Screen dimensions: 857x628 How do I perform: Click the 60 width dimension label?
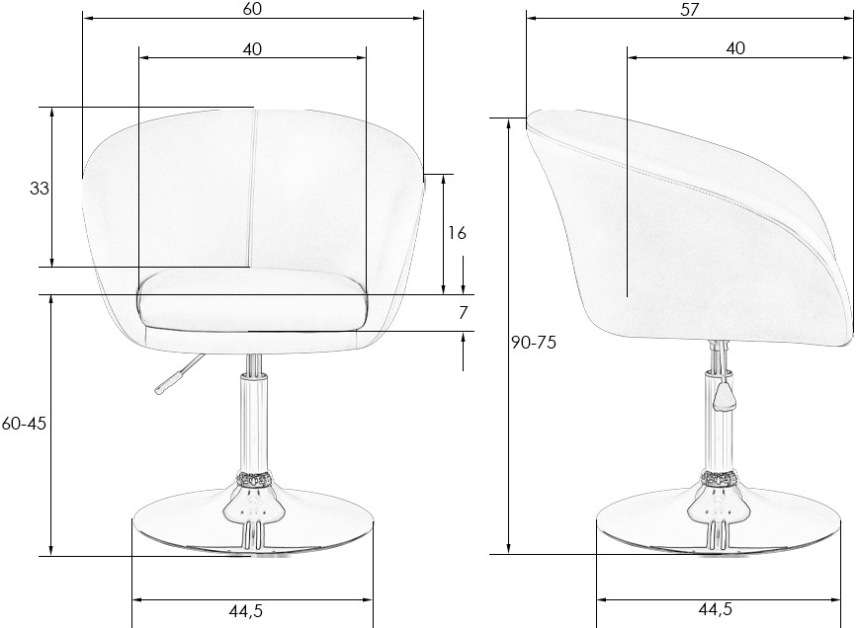point(252,9)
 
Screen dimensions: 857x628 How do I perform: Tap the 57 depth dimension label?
point(690,9)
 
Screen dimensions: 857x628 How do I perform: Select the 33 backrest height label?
point(39,189)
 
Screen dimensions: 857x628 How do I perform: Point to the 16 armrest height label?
point(457,233)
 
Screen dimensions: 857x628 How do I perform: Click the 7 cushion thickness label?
point(463,313)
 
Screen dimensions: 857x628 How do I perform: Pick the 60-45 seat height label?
point(24,424)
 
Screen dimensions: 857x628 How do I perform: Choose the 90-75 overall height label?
point(534,343)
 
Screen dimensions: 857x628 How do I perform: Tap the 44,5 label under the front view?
point(245,611)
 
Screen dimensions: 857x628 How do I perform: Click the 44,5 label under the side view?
point(716,608)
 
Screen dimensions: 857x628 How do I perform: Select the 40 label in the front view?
point(252,49)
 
